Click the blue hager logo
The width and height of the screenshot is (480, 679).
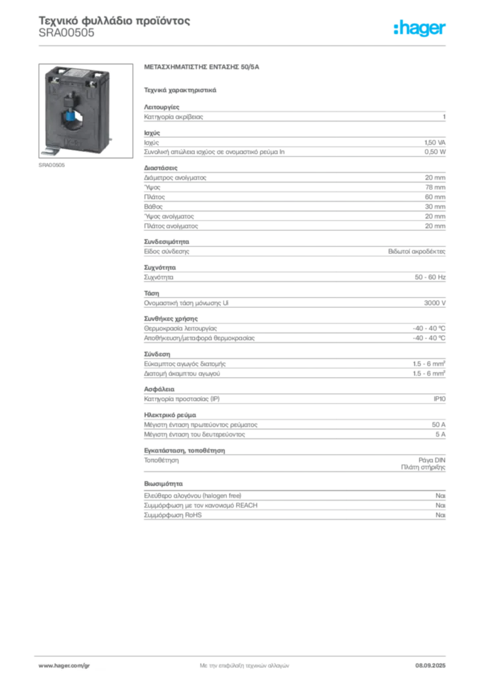coord(420,29)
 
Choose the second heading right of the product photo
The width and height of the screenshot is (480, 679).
coord(180,88)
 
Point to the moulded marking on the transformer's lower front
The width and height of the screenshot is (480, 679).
coord(73,142)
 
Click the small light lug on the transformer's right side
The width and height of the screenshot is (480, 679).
coord(112,137)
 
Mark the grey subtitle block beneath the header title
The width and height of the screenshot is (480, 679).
coord(66,37)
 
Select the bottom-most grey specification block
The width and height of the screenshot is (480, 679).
coord(294,511)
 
